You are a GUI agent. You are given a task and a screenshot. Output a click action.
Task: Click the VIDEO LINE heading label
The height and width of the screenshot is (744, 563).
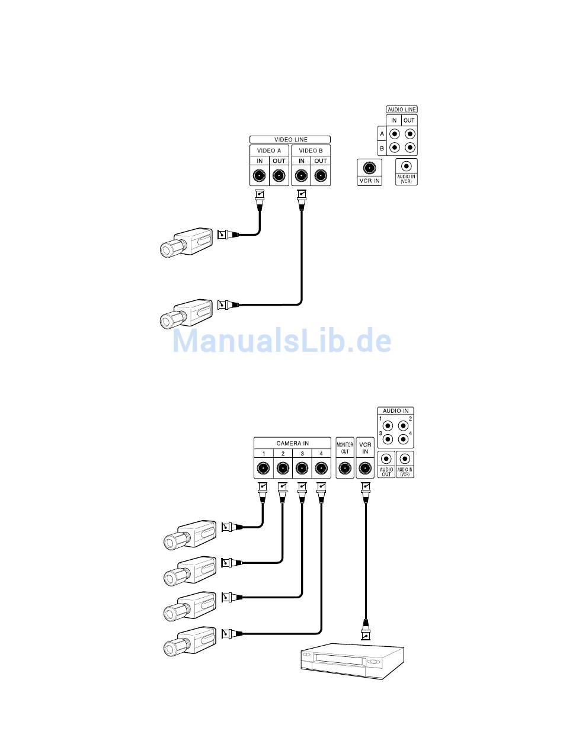click(x=290, y=140)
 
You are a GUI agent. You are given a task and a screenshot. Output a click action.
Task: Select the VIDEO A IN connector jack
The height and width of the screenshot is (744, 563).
click(x=260, y=175)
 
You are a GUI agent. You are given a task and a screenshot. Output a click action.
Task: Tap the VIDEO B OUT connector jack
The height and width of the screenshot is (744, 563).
click(x=321, y=175)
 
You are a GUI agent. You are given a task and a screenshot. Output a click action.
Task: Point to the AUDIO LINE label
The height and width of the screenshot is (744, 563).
click(x=402, y=110)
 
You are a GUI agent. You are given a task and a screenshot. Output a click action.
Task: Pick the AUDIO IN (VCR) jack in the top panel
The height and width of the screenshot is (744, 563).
click(x=407, y=168)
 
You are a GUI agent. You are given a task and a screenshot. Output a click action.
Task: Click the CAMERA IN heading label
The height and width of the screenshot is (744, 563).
click(x=292, y=443)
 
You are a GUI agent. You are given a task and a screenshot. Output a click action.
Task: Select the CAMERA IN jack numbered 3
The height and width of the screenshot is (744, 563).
click(x=302, y=469)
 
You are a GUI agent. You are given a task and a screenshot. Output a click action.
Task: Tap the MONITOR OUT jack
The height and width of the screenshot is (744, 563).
click(x=345, y=469)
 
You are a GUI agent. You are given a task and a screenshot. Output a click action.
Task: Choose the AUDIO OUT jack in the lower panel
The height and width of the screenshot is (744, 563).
click(x=386, y=459)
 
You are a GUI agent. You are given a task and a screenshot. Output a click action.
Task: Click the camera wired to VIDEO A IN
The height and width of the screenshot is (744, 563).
click(x=186, y=242)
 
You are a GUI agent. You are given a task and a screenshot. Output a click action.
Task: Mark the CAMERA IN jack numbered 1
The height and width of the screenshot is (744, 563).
click(x=264, y=469)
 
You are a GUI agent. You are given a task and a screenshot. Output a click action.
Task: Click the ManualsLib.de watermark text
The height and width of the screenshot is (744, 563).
click(x=282, y=341)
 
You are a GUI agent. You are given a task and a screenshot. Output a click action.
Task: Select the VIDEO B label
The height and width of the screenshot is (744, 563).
click(x=311, y=150)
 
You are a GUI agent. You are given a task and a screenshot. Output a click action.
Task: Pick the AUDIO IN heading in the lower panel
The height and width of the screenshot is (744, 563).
click(x=395, y=411)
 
